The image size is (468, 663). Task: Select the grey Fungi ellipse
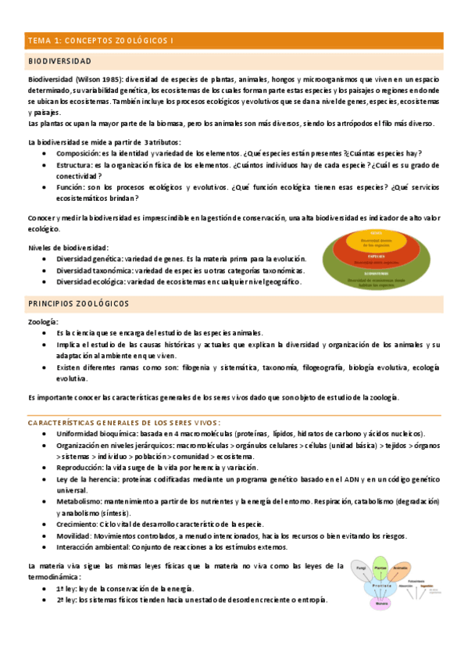click(361, 569)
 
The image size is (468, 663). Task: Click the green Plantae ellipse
click(380, 566)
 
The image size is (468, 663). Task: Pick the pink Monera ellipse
click(381, 604)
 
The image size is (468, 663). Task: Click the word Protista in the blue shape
click(381, 586)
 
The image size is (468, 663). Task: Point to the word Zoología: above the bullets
click(43, 322)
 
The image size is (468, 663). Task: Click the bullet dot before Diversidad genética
click(48, 259)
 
